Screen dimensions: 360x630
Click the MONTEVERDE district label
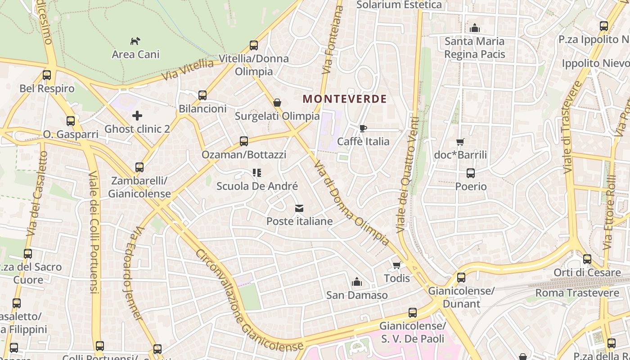click(345, 99)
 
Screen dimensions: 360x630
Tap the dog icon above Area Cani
click(135, 41)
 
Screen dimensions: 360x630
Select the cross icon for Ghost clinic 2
click(137, 116)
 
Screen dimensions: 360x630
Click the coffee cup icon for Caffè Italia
click(363, 129)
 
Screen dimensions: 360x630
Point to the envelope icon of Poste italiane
click(299, 208)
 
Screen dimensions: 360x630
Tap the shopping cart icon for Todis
click(396, 265)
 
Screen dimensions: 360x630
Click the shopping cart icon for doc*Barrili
click(460, 142)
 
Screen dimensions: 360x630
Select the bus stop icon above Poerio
click(471, 173)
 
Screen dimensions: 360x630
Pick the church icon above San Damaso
click(357, 282)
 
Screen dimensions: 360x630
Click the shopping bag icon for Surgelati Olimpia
click(277, 103)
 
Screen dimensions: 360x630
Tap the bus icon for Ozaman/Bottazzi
click(244, 141)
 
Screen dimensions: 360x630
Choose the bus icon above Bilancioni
click(202, 95)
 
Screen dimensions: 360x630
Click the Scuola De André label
click(257, 186)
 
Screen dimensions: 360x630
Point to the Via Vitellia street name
click(188, 70)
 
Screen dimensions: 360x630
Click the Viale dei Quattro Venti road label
click(408, 175)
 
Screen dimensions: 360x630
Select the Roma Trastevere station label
click(577, 293)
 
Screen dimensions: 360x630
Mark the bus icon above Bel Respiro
click(47, 75)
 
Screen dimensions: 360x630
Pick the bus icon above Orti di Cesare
click(587, 259)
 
